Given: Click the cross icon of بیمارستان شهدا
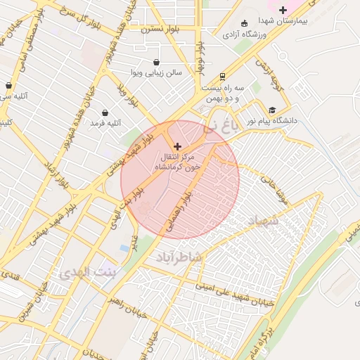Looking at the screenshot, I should pyautogui.click(x=283, y=10).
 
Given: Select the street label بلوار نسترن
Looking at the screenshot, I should pyautogui.click(x=159, y=30).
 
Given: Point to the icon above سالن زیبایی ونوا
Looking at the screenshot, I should pyautogui.click(x=156, y=61).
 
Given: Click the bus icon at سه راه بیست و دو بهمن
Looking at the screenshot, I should pyautogui.click(x=223, y=76).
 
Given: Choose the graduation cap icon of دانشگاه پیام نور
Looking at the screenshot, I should pyautogui.click(x=272, y=110).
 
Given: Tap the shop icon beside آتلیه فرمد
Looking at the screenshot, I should pyautogui.click(x=105, y=112).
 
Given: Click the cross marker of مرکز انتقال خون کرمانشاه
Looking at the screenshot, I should pyautogui.click(x=177, y=146).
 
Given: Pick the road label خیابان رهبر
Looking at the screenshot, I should pyautogui.click(x=127, y=307).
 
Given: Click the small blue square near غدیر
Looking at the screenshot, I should pyautogui.click(x=125, y=248).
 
